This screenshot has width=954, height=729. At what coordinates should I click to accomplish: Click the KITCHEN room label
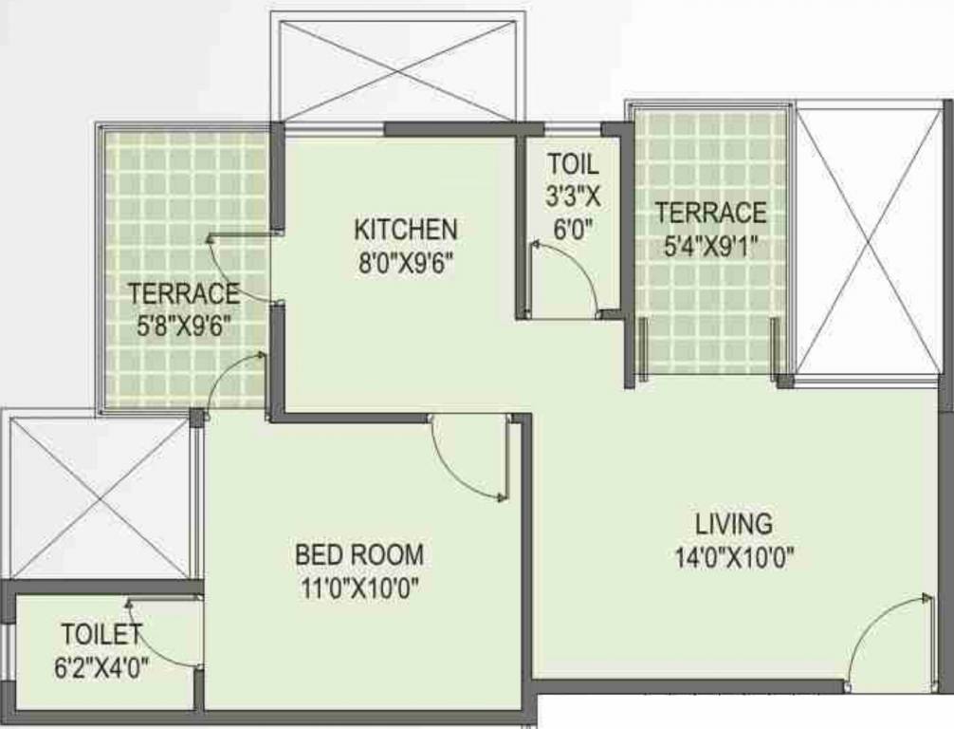coord(405,229)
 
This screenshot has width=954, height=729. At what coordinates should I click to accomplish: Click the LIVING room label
coord(733,523)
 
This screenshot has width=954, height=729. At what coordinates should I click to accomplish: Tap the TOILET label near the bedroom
coord(101,633)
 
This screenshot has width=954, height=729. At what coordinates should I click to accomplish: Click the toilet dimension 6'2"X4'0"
coord(101,665)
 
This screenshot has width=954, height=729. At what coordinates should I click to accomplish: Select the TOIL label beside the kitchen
coord(573,163)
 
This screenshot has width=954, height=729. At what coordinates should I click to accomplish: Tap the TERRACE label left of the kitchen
coord(184,292)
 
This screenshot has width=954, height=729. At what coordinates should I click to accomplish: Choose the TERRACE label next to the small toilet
coord(710,213)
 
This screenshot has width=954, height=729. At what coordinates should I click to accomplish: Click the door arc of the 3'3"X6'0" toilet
coord(566,275)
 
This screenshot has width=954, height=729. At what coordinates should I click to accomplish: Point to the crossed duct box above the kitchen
coord(398,66)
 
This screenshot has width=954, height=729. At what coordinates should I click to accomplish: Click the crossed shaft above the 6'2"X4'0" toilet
coord(99,497)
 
